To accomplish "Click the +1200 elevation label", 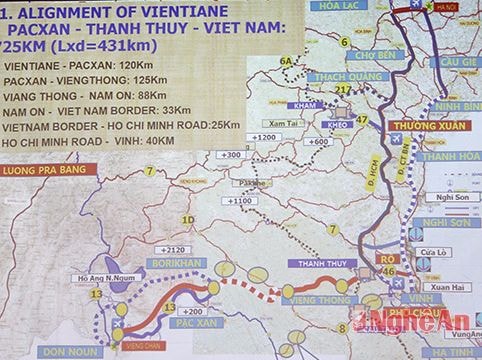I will [x=264, y=135].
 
